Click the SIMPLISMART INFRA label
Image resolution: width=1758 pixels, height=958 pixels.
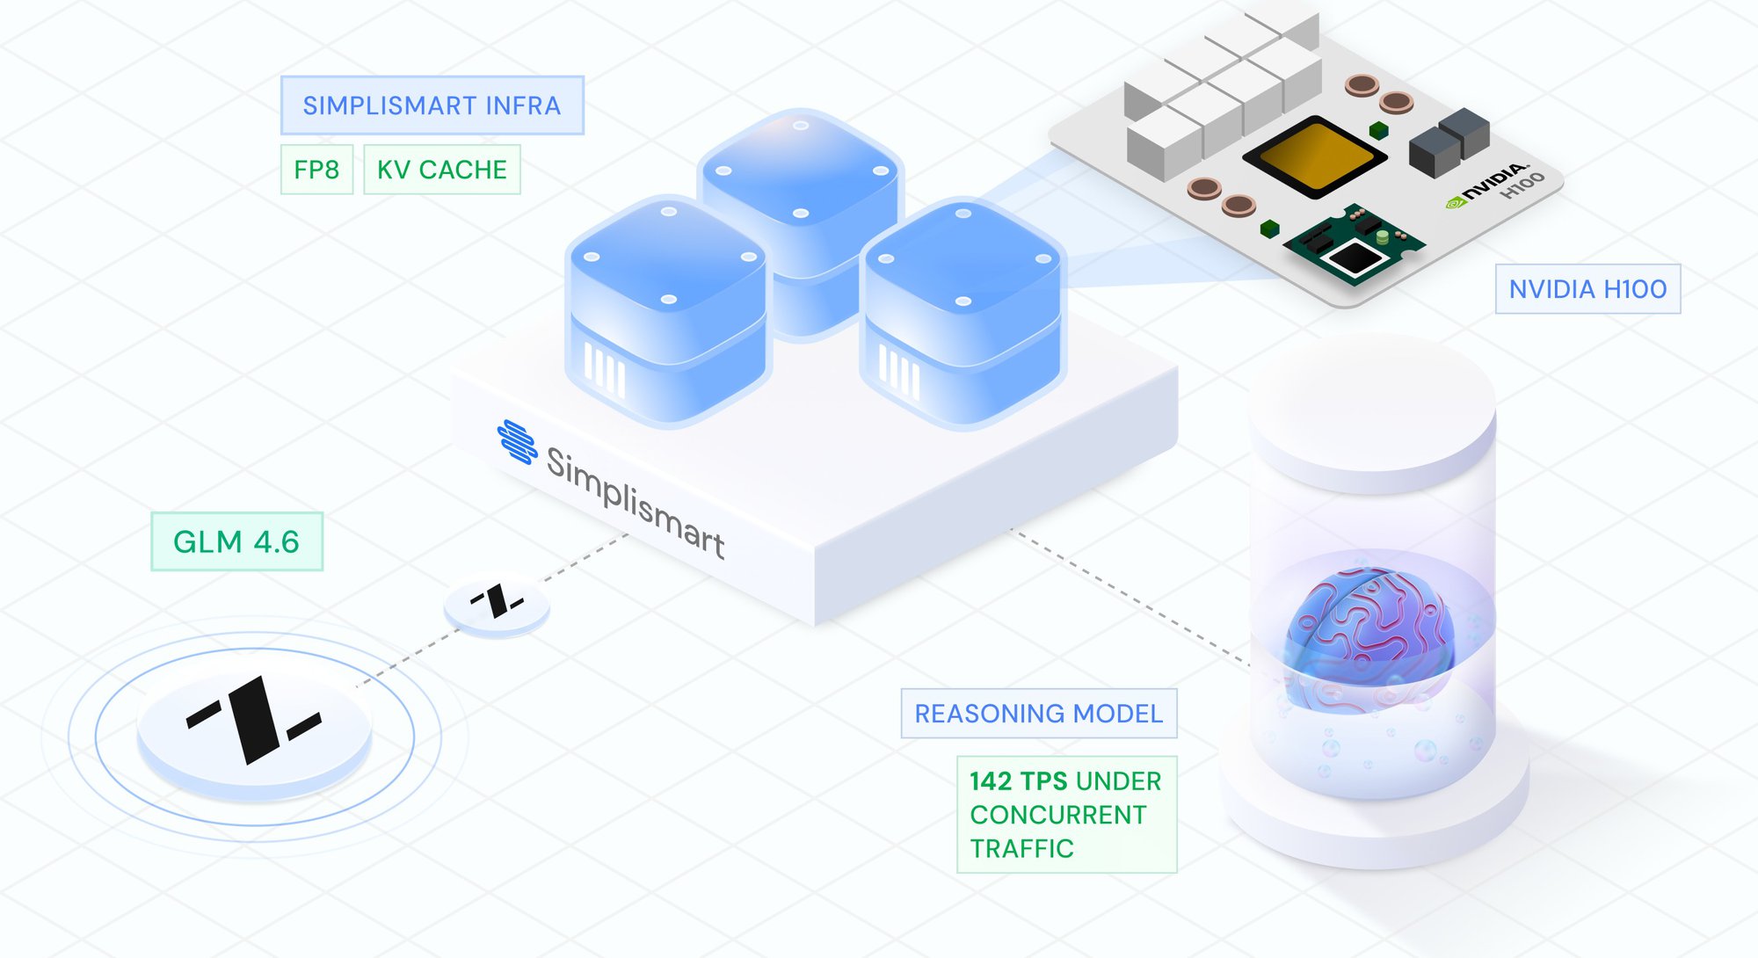[x=432, y=105]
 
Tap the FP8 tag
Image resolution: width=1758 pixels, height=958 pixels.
[x=316, y=170]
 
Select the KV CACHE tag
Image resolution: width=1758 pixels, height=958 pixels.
[x=441, y=170]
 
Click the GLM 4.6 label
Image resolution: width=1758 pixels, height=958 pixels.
[x=236, y=541]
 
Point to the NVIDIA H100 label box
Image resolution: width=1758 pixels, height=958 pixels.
[x=1587, y=289]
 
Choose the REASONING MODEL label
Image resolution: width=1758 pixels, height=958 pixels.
[x=1038, y=714]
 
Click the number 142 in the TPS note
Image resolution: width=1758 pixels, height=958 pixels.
[x=991, y=781]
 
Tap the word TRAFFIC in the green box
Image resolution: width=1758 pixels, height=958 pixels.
[x=1021, y=849]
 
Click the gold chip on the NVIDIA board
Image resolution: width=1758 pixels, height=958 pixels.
[x=1314, y=156]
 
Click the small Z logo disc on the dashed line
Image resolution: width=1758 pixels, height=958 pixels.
[x=497, y=604]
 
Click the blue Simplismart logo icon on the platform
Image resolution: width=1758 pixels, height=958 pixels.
[x=518, y=441]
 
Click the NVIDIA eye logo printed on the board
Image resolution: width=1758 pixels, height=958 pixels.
[x=1456, y=202]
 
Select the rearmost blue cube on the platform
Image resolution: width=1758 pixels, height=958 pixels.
[x=801, y=176]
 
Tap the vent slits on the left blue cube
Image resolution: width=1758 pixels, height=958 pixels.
[x=605, y=369]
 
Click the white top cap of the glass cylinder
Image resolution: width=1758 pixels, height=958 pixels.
[x=1371, y=404]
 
